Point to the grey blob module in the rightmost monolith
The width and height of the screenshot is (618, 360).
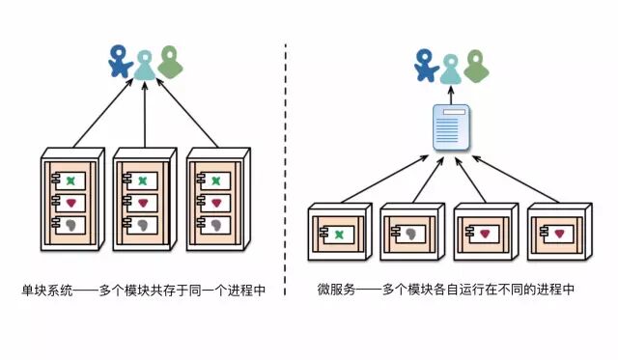click(x=214, y=225)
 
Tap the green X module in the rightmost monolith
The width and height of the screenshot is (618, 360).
click(x=214, y=180)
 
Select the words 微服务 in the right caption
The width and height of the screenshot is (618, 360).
click(x=335, y=290)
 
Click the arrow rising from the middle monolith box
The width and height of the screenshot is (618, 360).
click(x=145, y=116)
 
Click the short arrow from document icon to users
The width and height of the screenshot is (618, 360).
click(x=451, y=94)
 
